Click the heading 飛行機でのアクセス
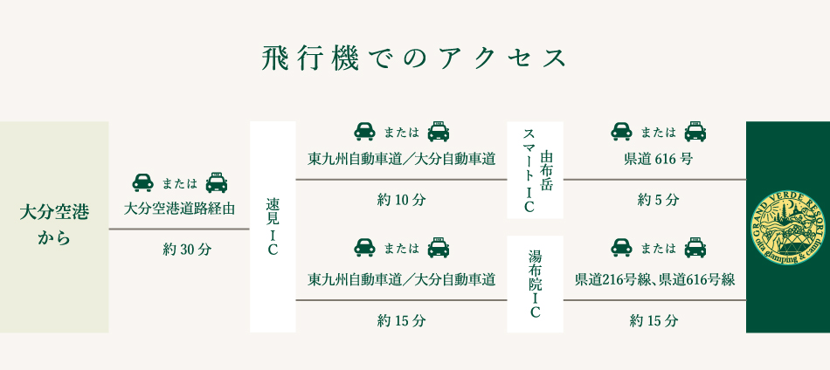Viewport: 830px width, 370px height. point(415,58)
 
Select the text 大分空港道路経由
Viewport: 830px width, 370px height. point(179,209)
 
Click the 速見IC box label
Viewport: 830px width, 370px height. point(273,227)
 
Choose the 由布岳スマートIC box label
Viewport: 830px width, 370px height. point(536,170)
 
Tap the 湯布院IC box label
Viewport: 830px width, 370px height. point(536,284)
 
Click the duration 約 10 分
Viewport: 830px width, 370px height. point(401,200)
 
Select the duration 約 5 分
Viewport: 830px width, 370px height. point(658,200)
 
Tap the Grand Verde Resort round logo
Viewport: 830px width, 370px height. point(787,227)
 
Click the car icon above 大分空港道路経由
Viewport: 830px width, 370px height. point(142,182)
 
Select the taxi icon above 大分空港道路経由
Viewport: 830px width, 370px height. point(216,182)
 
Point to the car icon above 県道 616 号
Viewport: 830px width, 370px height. point(621,132)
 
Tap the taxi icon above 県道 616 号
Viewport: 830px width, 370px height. point(695,132)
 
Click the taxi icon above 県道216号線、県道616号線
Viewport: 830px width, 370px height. point(695,248)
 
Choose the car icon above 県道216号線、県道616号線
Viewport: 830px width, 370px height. point(621,248)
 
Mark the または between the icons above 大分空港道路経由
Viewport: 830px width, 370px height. point(180,183)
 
